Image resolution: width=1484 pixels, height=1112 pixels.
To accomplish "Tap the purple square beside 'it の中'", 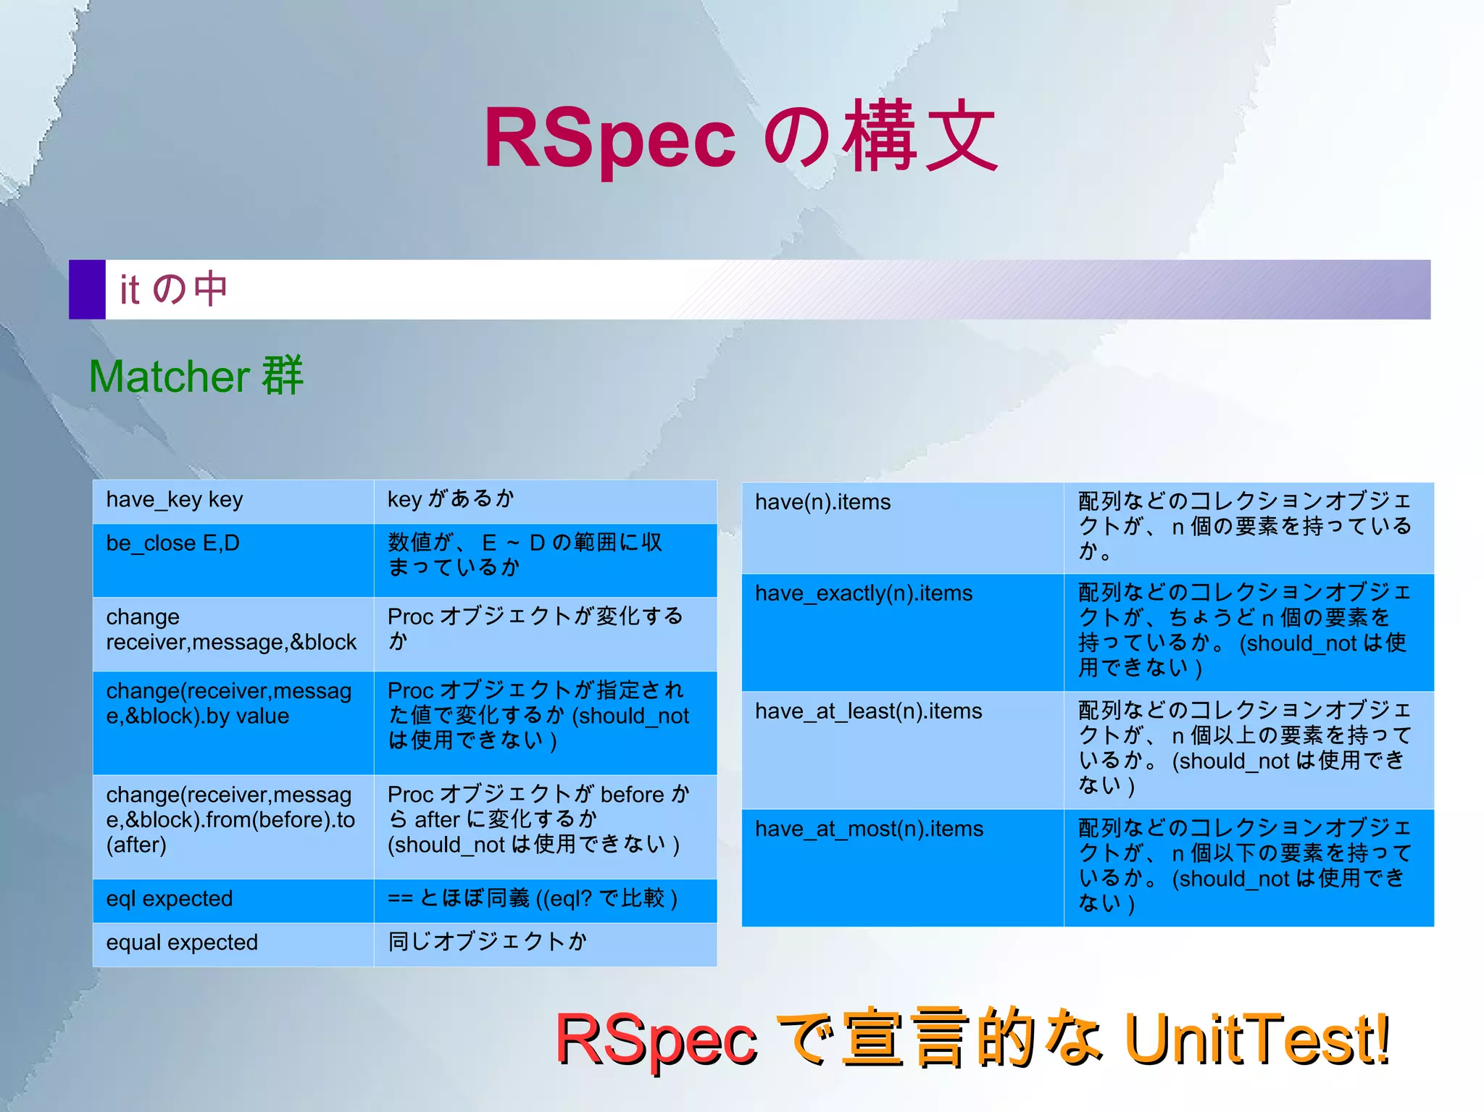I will [87, 289].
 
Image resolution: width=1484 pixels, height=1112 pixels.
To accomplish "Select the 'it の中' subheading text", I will [174, 289].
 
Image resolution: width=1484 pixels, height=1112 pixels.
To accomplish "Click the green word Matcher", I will [170, 377].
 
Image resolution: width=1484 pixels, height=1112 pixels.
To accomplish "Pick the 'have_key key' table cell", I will [233, 501].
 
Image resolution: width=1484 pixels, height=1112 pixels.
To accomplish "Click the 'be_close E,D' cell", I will [233, 560].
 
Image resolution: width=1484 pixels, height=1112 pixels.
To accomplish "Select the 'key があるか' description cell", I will [545, 501].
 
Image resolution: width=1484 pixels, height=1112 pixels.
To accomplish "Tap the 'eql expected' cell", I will [233, 900].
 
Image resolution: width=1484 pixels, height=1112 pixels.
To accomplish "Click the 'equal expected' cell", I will [233, 943].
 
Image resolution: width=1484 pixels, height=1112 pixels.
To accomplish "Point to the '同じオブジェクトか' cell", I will [545, 943].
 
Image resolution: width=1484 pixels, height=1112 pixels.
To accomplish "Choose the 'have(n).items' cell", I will [902, 527].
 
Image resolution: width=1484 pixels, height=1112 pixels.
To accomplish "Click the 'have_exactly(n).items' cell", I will [902, 632].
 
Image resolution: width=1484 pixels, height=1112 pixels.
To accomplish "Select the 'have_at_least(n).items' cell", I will [902, 750].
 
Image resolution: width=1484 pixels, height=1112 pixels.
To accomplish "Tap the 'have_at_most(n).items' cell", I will [902, 867].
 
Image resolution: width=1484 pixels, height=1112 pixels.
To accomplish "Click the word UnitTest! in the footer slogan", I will [1257, 1040].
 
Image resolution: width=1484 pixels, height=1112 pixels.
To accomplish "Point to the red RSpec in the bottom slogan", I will [656, 1040].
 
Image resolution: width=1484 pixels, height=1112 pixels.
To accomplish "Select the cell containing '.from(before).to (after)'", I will [233, 826].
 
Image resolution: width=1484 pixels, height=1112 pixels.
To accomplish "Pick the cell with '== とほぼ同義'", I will [545, 900].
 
